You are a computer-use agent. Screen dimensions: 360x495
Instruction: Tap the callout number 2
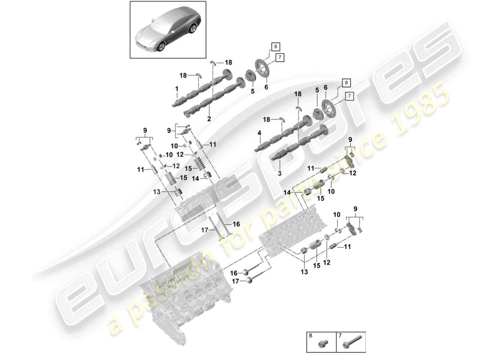209,119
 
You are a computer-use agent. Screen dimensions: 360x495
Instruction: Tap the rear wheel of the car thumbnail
193,30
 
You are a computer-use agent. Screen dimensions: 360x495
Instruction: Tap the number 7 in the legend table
339,336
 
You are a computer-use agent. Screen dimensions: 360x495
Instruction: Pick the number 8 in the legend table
310,336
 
